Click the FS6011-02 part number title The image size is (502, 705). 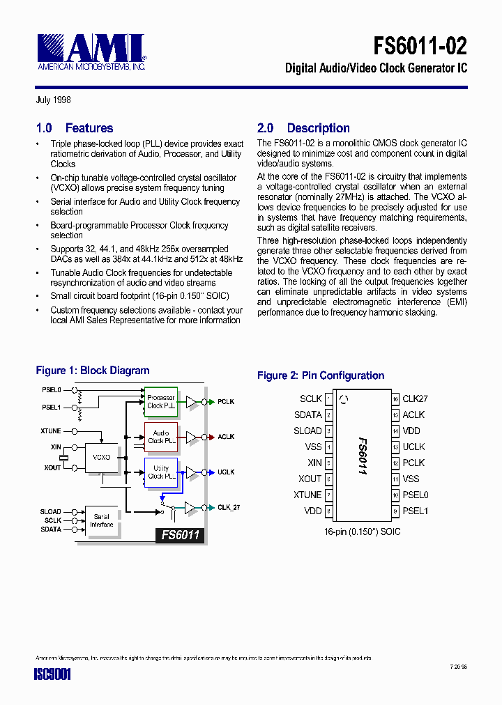coord(420,46)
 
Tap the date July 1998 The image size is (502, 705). coord(53,100)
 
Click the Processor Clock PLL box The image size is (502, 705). coord(160,402)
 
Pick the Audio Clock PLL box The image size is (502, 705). coord(160,437)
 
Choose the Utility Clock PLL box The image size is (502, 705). coord(160,472)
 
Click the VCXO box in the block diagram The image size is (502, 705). coord(102,457)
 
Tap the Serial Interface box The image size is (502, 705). coord(102,520)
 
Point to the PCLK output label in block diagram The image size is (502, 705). coord(226,402)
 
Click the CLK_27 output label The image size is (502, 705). coord(228,508)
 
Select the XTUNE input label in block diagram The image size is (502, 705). coord(51,431)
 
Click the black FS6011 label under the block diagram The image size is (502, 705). coord(181,535)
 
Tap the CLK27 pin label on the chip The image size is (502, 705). coord(415,398)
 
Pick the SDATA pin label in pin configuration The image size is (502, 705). coord(307,415)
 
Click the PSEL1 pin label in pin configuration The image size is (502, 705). coord(415,511)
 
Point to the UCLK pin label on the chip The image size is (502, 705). coord(413,447)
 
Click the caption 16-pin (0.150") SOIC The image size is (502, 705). coord(362,532)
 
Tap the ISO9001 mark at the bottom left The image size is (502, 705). coord(53,675)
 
